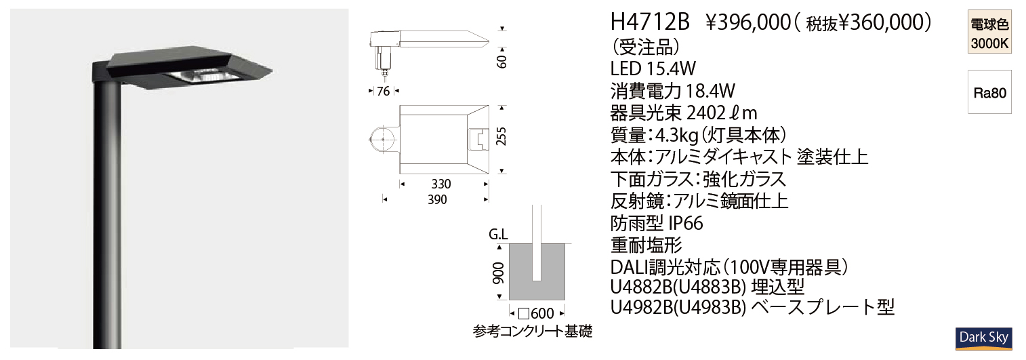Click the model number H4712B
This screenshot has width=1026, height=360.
[650, 22]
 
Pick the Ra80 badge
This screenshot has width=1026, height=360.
[989, 93]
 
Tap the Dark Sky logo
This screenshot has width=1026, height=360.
[983, 338]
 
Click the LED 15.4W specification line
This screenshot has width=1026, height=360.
[653, 68]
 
